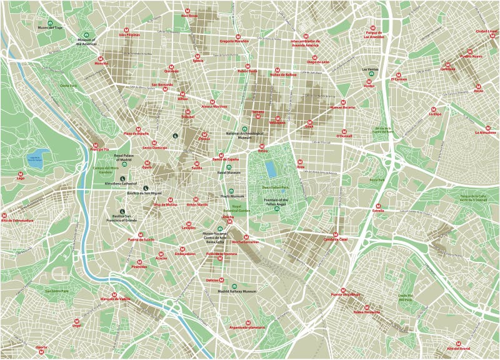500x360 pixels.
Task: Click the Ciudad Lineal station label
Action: click(x=487, y=31)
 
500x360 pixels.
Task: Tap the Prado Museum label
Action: click(x=232, y=196)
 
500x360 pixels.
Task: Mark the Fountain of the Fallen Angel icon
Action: click(x=276, y=208)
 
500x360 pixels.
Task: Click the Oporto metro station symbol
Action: click(x=42, y=341)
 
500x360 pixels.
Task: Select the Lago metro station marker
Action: click(x=21, y=172)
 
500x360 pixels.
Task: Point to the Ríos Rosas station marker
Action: click(x=189, y=9)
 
